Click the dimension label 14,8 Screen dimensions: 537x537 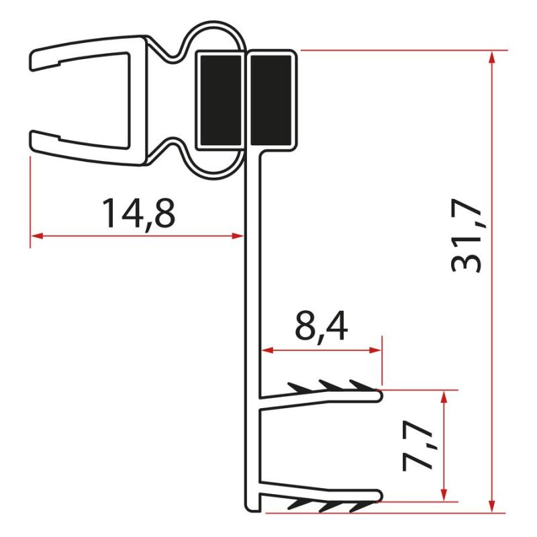138,213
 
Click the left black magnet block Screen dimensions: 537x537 219,99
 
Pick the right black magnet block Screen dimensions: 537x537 272,99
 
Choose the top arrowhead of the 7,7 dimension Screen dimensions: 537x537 443,395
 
